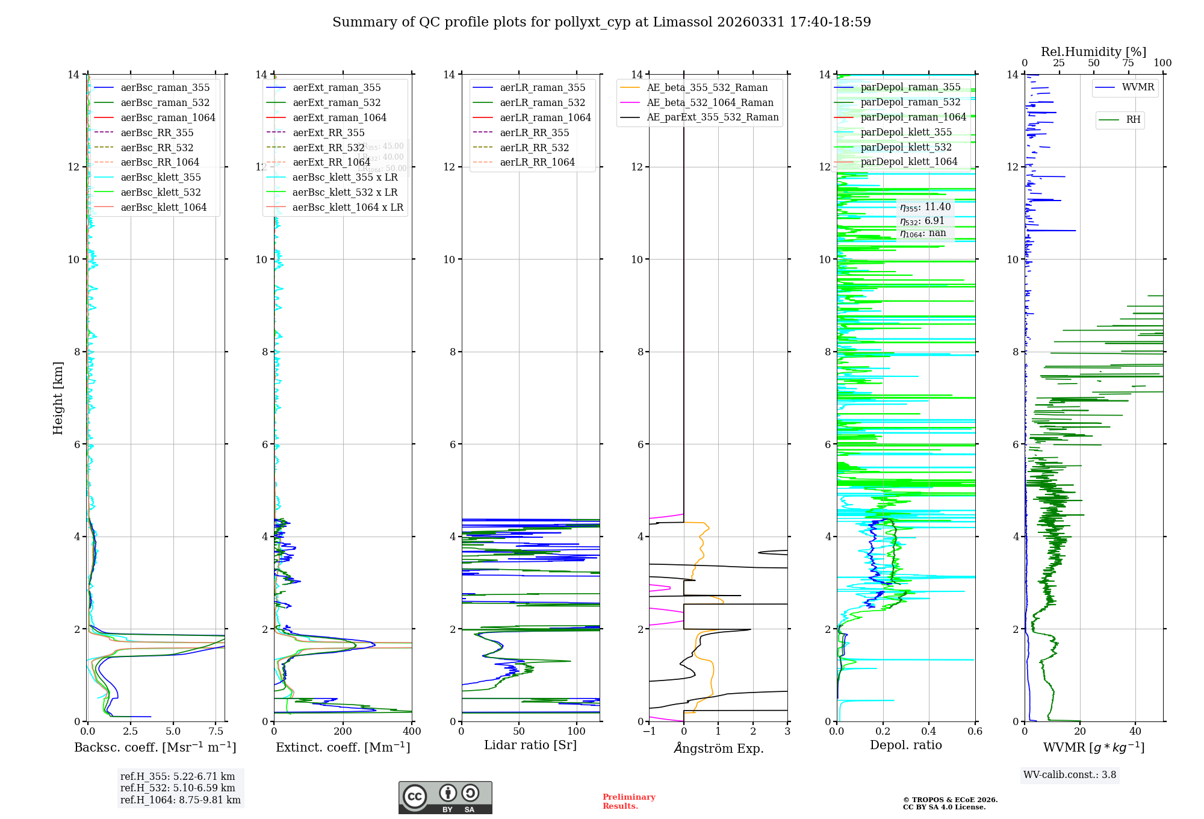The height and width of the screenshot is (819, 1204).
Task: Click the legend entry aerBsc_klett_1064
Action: point(163,207)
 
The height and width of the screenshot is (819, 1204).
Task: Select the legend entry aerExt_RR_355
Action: point(328,132)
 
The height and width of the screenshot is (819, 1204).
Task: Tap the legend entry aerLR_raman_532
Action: point(542,102)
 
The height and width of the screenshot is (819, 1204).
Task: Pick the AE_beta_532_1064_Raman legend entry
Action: point(710,102)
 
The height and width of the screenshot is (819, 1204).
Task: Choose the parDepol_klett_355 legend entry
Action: point(906,132)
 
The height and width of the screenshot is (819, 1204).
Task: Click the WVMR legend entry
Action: point(1138,87)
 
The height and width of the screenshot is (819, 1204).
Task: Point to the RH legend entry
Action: point(1133,120)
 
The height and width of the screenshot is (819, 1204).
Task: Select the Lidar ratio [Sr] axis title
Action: point(530,745)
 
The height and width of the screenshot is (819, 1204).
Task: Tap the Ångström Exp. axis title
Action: point(718,748)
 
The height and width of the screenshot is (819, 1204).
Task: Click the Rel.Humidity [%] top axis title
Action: point(1093,52)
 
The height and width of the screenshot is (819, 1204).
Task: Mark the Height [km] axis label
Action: point(58,397)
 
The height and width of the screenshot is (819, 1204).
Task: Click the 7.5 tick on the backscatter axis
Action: point(216,732)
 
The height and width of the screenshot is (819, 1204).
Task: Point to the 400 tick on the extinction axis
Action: point(412,732)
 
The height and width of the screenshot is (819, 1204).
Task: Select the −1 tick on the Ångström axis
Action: point(649,732)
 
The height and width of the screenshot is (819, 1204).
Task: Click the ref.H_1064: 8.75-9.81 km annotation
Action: point(180,800)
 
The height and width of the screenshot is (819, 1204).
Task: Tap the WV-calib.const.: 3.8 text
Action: point(1070,775)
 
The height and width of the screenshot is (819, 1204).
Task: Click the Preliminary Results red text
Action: point(628,802)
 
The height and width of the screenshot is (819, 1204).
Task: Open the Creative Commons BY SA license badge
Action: point(445,797)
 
